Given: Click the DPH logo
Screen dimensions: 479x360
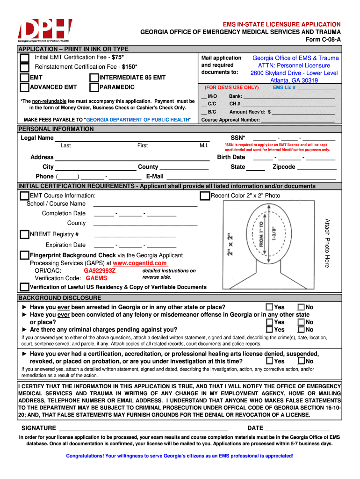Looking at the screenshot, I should coord(45,31).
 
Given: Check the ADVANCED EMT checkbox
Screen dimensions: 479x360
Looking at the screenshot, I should coord(24,87).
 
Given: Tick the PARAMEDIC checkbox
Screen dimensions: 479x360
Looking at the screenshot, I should coord(94,87).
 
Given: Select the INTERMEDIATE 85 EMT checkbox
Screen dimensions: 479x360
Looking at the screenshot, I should coord(94,78).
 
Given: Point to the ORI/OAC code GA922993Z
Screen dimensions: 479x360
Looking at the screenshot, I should coord(100,271).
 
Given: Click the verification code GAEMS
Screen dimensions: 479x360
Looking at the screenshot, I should coord(96,278).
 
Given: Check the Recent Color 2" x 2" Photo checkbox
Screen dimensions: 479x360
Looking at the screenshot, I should coord(205,196).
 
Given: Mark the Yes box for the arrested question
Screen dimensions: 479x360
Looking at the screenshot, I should coord(270,307).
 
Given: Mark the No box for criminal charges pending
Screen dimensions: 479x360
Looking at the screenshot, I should coord(301,330).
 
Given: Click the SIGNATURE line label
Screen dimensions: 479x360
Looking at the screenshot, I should coord(39,428).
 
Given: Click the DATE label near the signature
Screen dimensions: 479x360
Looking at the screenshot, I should coord(255,428).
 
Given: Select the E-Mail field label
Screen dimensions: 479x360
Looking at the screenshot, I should coord(155,176).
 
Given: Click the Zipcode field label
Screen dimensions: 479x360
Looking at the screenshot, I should coord(284,167).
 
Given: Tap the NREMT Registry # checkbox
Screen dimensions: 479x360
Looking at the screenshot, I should coord(24,234).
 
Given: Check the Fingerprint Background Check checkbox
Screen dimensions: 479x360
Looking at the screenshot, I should coord(24,255).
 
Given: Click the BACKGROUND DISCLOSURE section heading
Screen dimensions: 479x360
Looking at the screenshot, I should coord(59,298).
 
